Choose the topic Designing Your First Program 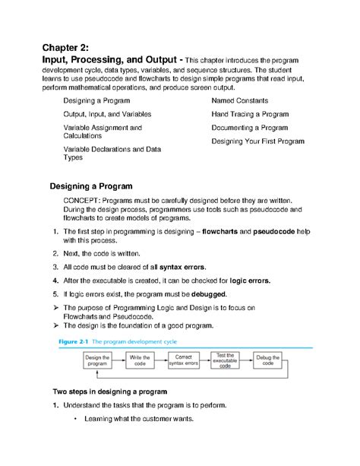coord(258,141)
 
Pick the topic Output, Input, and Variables coord(108,113)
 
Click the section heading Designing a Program coord(91,185)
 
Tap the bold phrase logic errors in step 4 coord(254,281)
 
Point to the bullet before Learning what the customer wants coord(76,419)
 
